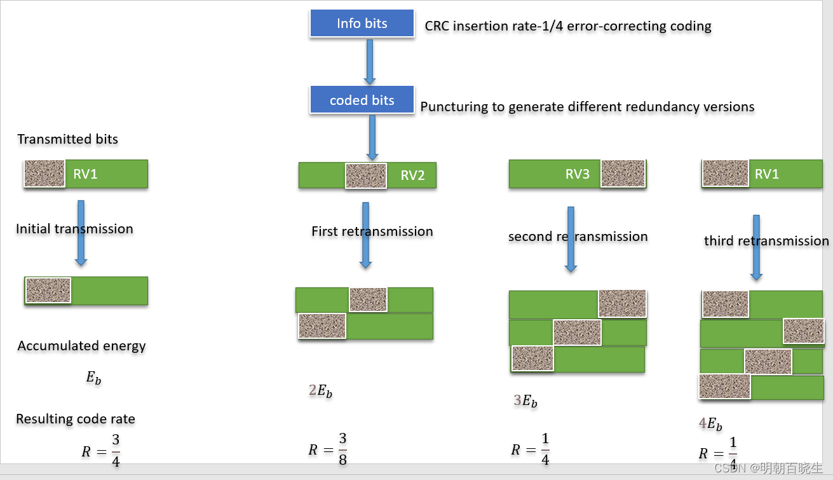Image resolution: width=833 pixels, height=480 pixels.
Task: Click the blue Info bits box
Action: pyautogui.click(x=362, y=23)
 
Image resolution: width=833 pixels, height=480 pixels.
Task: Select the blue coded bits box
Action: pyautogui.click(x=362, y=100)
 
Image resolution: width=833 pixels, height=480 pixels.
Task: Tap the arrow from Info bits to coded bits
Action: pyautogui.click(x=370, y=62)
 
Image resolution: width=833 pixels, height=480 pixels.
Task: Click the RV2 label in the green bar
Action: pyautogui.click(x=412, y=175)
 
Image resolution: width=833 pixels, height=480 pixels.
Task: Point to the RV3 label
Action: pyautogui.click(x=577, y=174)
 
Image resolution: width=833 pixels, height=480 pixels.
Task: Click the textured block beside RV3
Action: pyautogui.click(x=623, y=174)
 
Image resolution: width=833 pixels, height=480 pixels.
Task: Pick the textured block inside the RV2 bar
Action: pyautogui.click(x=366, y=175)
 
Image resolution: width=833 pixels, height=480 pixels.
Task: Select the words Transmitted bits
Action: pyautogui.click(x=67, y=139)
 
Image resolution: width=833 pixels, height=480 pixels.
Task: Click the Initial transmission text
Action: pyautogui.click(x=74, y=229)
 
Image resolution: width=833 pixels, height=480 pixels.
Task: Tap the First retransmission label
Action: pyautogui.click(x=372, y=231)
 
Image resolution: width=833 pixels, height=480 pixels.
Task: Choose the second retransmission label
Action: pyautogui.click(x=578, y=237)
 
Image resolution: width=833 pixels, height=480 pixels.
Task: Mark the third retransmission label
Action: pyautogui.click(x=766, y=241)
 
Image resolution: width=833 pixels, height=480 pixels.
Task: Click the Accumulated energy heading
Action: pyautogui.click(x=81, y=346)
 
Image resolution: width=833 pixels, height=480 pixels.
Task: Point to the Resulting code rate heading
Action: pyautogui.click(x=76, y=419)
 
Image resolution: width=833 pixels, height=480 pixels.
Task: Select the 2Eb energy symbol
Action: pyautogui.click(x=320, y=391)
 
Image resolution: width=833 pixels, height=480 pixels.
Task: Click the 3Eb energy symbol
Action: pyautogui.click(x=525, y=401)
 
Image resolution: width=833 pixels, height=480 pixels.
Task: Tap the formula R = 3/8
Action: pyautogui.click(x=328, y=449)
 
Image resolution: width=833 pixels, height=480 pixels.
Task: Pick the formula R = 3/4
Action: pyautogui.click(x=101, y=451)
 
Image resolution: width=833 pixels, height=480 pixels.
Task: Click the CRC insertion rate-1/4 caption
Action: pyautogui.click(x=568, y=26)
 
